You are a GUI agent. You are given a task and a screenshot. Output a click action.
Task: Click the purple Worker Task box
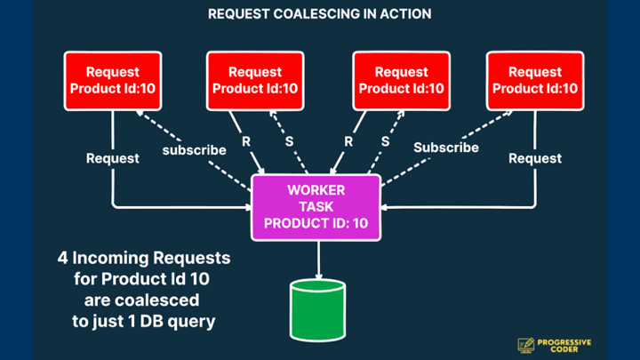pos(316,207)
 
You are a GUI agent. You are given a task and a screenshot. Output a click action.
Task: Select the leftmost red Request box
pos(112,80)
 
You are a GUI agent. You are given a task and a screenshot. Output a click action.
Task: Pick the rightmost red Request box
pos(535,80)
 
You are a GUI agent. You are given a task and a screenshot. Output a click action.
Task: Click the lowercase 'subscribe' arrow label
pos(194,150)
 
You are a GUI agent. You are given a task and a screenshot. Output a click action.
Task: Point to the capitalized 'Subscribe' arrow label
pos(445,148)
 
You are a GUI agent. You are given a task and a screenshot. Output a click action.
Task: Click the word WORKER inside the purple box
pos(316,190)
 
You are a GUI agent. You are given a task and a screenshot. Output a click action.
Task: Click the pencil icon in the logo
pos(525,345)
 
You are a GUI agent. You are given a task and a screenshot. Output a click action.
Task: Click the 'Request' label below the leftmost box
pos(112,158)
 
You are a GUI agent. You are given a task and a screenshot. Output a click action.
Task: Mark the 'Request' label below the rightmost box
pos(535,158)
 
